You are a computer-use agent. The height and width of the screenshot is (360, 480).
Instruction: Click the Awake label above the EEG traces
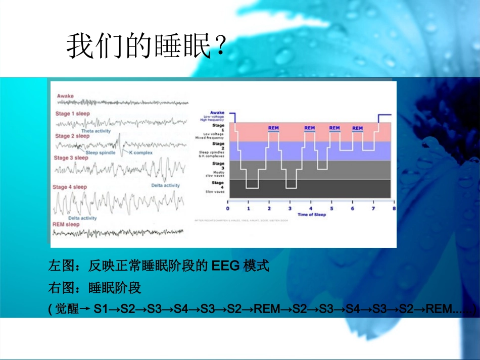click(65, 96)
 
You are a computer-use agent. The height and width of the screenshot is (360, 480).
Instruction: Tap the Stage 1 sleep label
click(72, 114)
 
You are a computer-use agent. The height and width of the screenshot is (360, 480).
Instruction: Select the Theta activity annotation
click(95, 131)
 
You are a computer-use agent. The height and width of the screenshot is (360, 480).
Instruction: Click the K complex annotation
click(141, 152)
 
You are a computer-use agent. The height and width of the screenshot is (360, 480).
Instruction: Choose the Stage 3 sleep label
click(71, 158)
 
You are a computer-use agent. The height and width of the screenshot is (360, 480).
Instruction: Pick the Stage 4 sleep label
click(70, 187)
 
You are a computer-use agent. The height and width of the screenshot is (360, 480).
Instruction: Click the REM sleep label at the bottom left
click(66, 224)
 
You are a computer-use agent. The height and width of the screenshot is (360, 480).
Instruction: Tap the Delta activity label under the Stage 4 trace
click(82, 218)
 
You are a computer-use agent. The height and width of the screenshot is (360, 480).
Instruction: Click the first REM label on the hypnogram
click(273, 128)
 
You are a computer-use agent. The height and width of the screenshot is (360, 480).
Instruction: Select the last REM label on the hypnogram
click(357, 128)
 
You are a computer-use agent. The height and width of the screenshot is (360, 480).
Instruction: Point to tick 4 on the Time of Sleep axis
click(311, 208)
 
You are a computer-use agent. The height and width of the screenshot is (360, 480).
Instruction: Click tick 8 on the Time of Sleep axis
click(394, 208)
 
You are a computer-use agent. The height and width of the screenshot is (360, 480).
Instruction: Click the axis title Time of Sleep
click(312, 215)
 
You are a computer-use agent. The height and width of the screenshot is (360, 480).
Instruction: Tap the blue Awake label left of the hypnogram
click(217, 113)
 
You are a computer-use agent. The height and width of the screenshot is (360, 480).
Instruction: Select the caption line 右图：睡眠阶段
click(94, 288)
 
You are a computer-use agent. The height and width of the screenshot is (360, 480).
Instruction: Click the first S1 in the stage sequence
click(101, 309)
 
